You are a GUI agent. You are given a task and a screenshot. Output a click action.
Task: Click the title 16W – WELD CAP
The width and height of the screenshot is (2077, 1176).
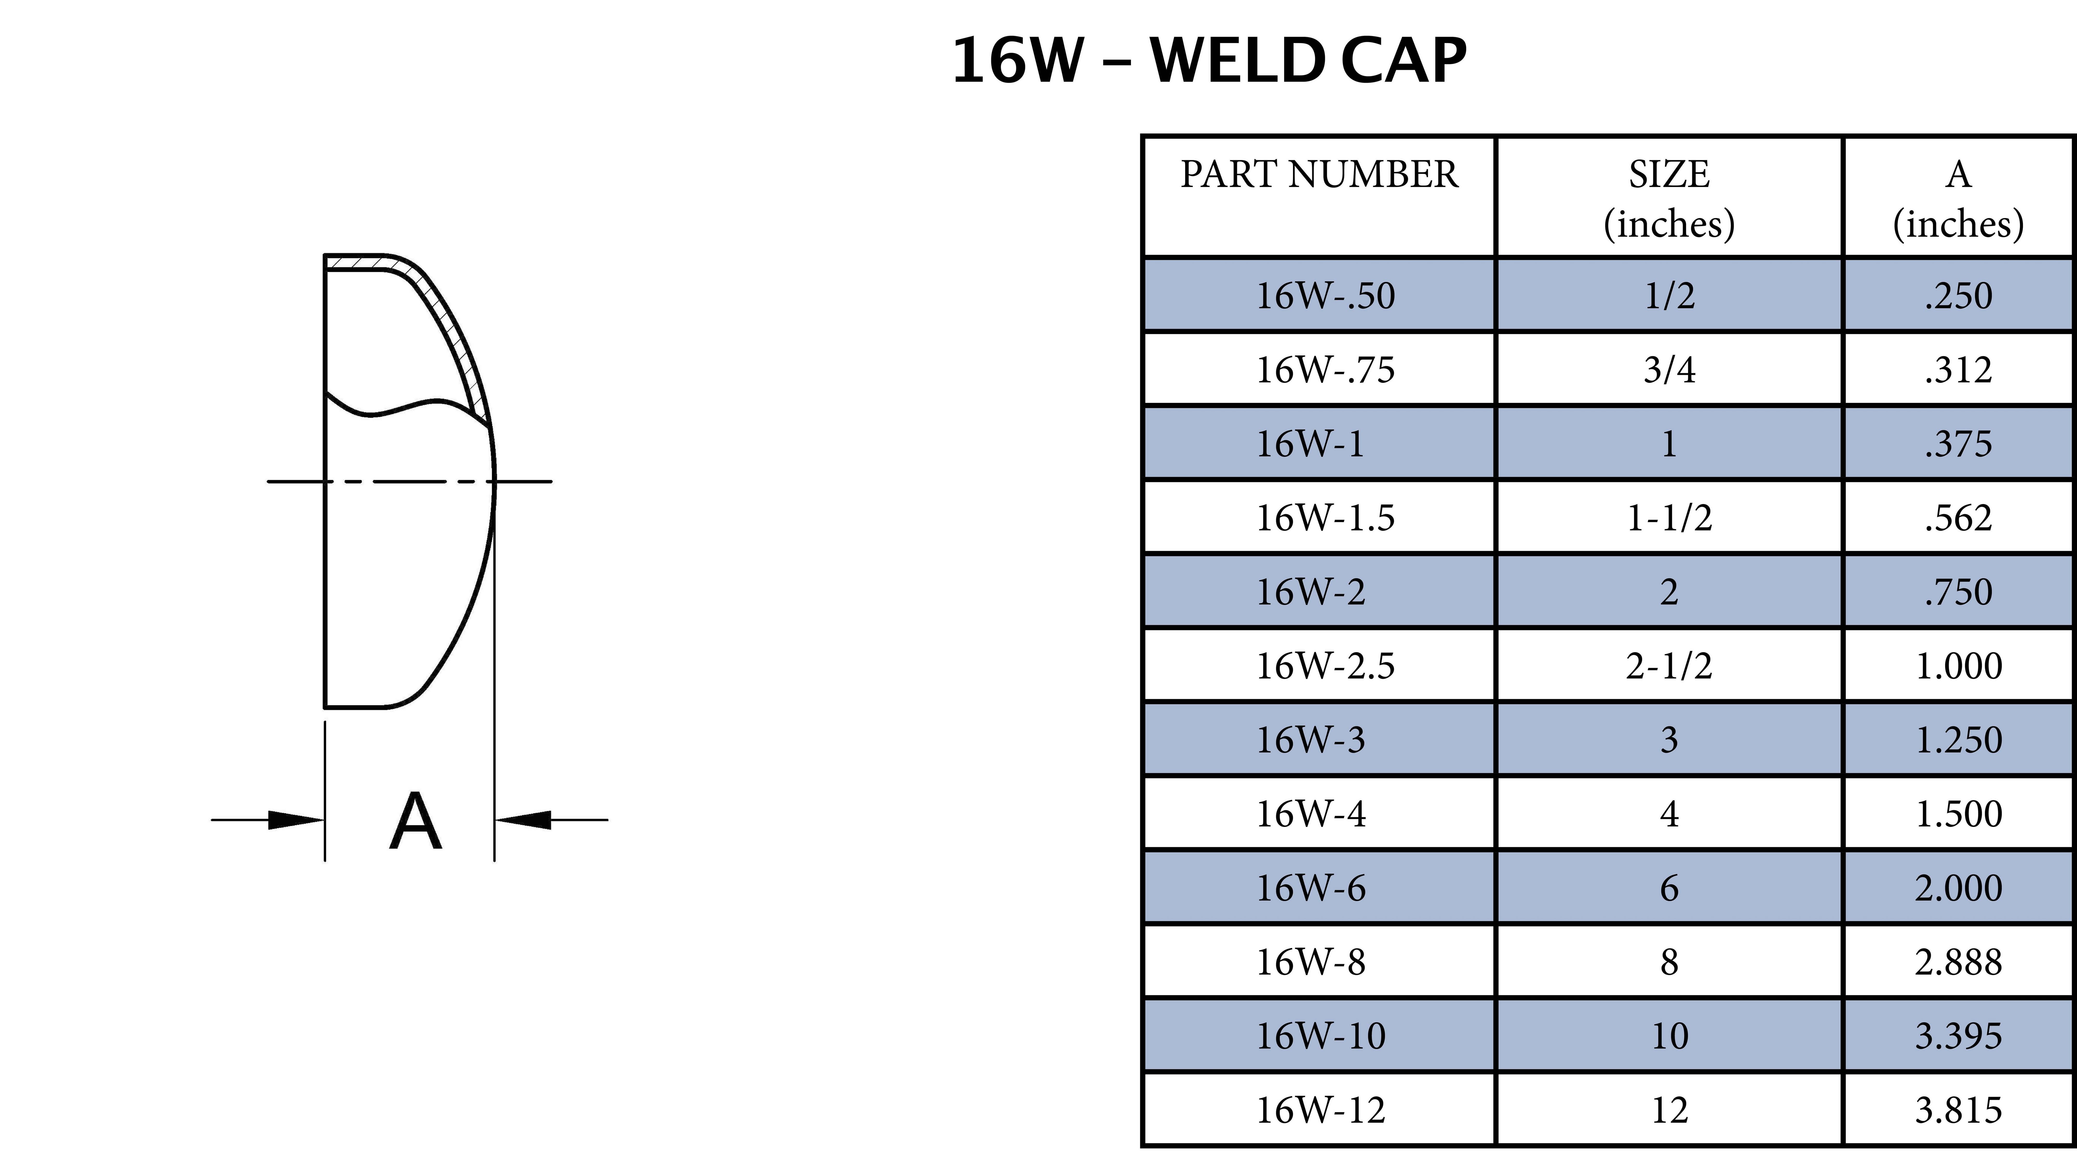[1208, 61]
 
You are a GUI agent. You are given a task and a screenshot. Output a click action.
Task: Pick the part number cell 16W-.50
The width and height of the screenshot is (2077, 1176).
[1325, 296]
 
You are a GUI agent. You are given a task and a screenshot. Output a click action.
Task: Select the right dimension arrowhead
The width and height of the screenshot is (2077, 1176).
[523, 820]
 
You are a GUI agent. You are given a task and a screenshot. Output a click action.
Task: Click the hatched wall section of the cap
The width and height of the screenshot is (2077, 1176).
[452, 323]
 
